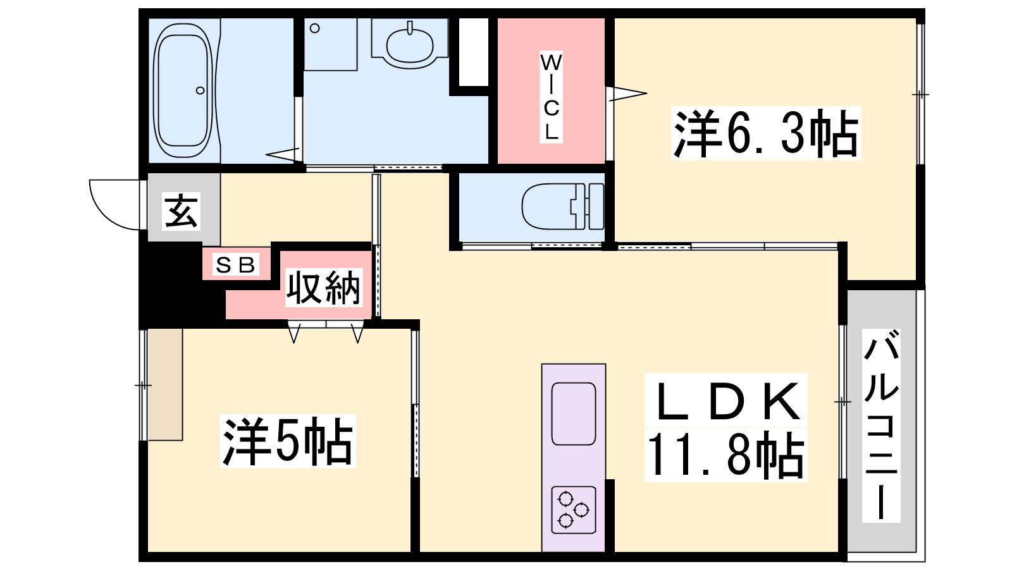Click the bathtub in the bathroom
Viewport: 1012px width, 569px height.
[183, 90]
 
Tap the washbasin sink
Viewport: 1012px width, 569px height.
[410, 45]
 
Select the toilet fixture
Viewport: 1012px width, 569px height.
[562, 206]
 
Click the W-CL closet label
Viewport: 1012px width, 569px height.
[551, 97]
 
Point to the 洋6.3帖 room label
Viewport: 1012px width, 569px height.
[766, 133]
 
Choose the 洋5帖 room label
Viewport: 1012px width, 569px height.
[288, 441]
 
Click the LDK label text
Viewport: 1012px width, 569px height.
[726, 401]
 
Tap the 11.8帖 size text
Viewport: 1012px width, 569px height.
[726, 455]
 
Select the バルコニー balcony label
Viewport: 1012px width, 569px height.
[881, 425]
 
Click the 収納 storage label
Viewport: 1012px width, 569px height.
[324, 288]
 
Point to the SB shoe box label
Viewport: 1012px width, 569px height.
[235, 264]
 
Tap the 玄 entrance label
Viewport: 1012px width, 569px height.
[181, 212]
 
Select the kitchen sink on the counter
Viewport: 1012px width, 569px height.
[573, 413]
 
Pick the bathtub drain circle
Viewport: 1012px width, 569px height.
[200, 90]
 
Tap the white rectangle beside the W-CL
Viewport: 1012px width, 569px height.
[474, 51]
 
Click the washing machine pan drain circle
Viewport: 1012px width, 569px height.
[315, 28]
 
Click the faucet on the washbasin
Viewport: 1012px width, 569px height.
[410, 28]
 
